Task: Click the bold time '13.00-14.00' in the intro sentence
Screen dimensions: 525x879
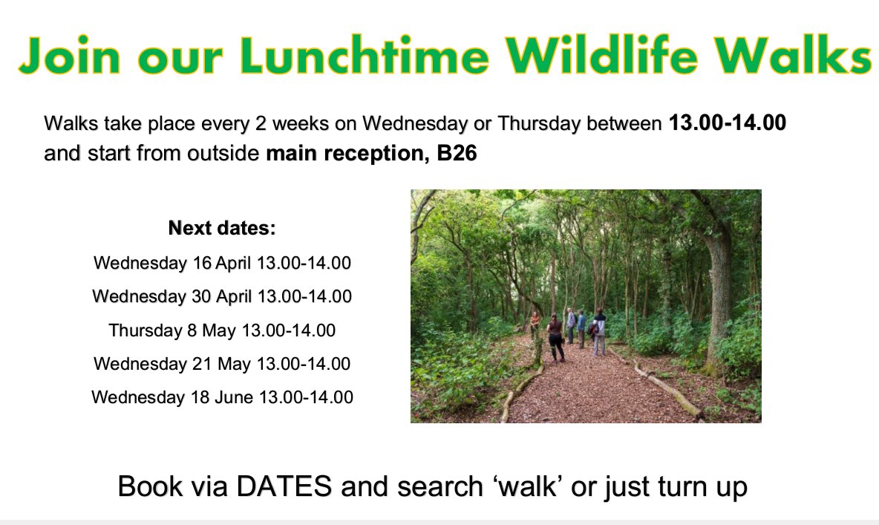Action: point(727,123)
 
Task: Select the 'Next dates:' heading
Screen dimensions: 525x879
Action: point(222,228)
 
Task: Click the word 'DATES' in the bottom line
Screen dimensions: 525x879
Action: point(284,486)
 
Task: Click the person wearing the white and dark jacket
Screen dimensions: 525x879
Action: point(599,331)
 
